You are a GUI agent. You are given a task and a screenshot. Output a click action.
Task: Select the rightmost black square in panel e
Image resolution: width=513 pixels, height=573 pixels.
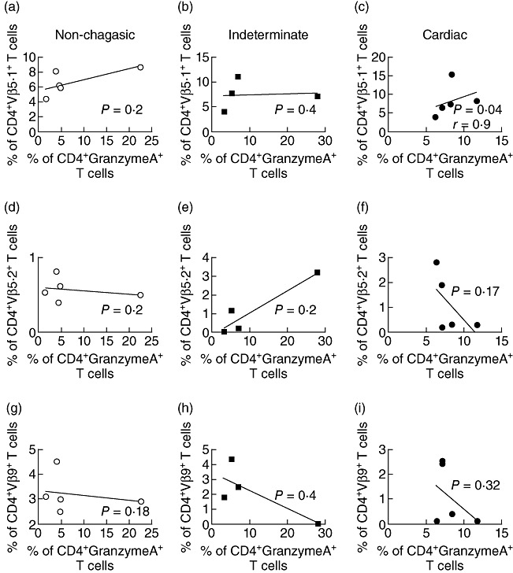coord(317,272)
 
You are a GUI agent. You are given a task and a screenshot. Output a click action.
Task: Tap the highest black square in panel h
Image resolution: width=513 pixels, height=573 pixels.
coord(232,459)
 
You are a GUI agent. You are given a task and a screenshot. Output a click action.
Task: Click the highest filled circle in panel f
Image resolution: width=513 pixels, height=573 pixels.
coord(436,262)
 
